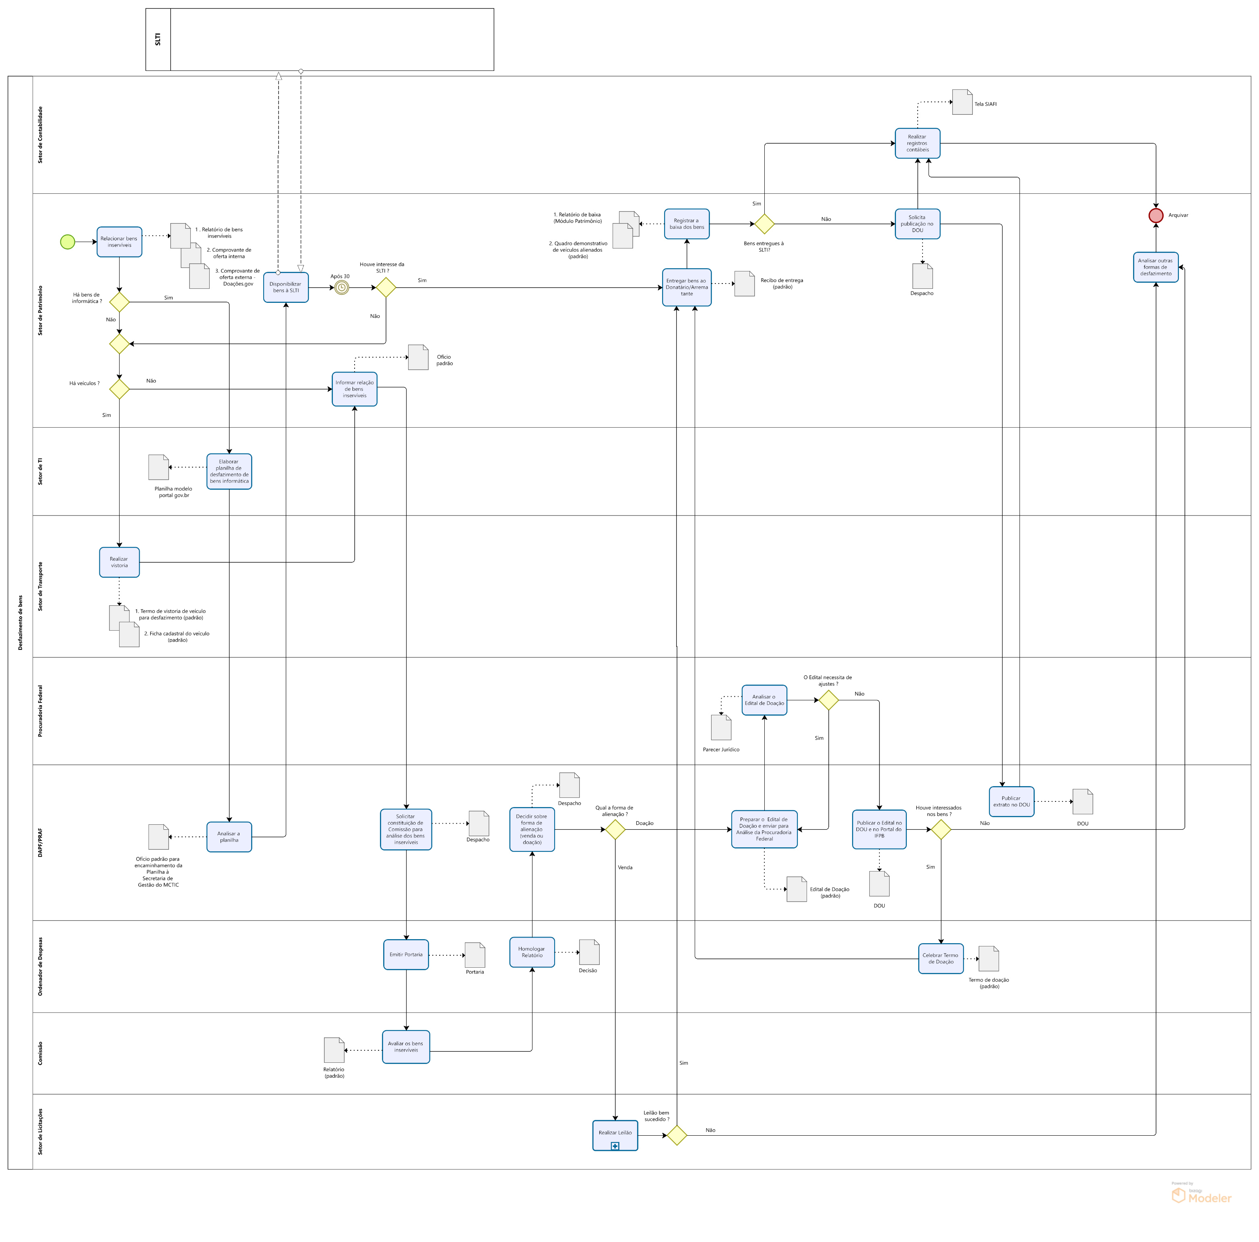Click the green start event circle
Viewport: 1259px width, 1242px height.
click(x=67, y=242)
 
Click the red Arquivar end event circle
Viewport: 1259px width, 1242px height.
click(x=1156, y=215)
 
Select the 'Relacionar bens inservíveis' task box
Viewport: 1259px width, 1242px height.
click(x=119, y=242)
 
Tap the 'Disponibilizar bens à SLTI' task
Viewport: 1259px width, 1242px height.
click(x=285, y=288)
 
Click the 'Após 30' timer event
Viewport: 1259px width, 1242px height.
click(x=341, y=288)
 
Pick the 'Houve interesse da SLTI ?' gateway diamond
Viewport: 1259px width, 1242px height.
click(x=386, y=288)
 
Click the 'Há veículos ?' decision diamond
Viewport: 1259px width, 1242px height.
click(x=119, y=389)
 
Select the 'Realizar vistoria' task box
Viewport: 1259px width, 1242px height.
click(x=119, y=562)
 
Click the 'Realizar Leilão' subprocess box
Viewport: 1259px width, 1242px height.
click(x=615, y=1135)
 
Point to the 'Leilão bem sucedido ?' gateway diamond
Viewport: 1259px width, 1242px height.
click(x=677, y=1135)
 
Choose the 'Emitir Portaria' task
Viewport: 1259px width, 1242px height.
click(x=406, y=954)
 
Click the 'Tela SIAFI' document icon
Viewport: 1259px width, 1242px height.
click(x=962, y=102)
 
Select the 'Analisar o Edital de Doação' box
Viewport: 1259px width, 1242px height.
click(x=764, y=700)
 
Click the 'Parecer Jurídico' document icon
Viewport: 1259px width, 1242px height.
click(x=721, y=728)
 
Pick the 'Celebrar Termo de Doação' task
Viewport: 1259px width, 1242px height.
click(x=940, y=958)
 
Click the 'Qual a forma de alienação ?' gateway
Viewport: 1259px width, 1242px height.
click(x=615, y=829)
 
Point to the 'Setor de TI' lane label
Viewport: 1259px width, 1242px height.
click(x=40, y=471)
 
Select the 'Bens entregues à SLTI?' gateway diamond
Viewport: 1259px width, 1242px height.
click(x=764, y=224)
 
